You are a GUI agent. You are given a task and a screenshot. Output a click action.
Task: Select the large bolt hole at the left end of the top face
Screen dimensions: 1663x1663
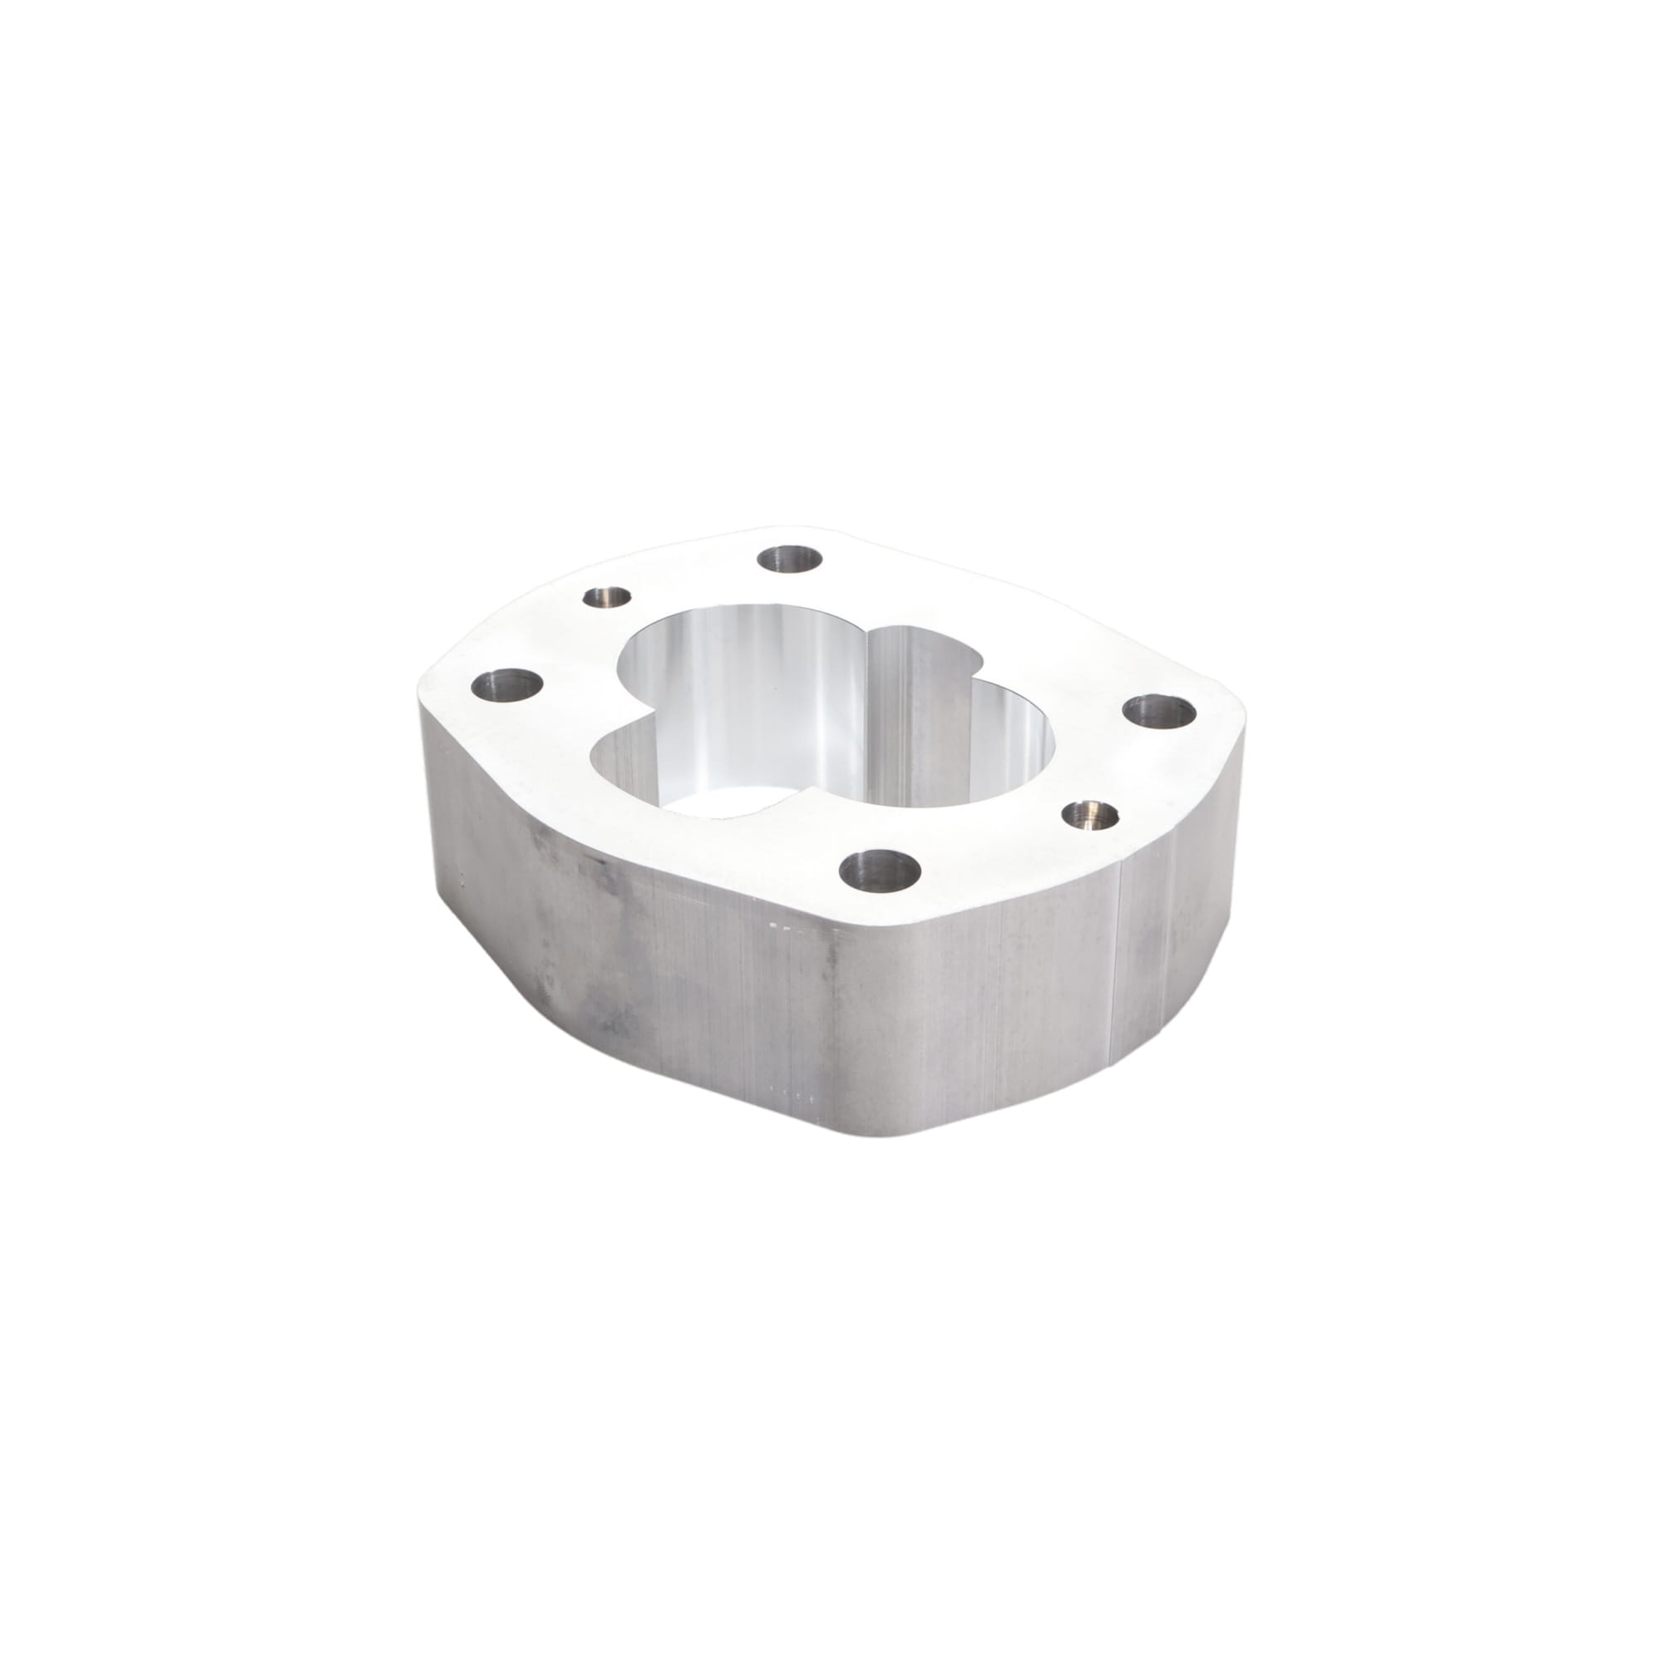508,687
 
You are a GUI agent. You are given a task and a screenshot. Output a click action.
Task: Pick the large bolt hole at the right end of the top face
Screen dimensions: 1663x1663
1161,712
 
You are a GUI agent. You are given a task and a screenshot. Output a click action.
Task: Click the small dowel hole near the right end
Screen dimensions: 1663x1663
1090,812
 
